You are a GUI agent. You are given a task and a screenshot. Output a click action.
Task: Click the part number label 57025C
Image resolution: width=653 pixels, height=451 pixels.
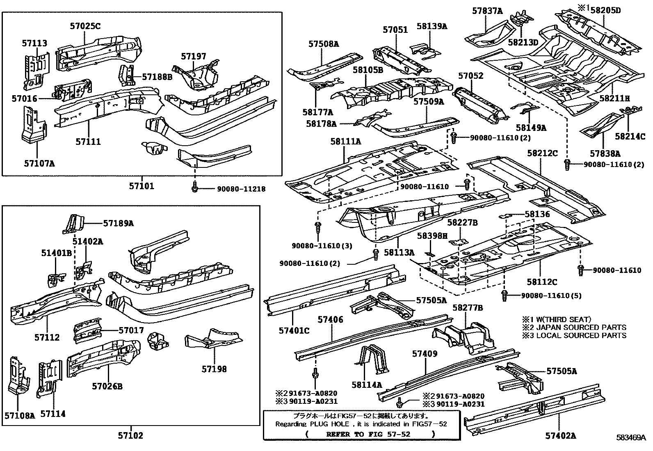(85, 26)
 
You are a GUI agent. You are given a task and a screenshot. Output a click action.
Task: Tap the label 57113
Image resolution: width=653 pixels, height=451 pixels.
(34, 43)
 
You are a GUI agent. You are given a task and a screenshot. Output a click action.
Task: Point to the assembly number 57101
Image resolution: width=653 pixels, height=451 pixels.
(142, 186)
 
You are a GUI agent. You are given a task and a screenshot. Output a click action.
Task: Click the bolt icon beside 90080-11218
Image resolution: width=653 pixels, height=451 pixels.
(195, 188)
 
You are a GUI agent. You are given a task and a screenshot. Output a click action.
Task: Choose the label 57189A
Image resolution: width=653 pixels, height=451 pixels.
(118, 223)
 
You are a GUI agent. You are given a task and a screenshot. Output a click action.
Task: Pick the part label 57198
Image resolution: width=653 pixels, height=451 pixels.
(214, 369)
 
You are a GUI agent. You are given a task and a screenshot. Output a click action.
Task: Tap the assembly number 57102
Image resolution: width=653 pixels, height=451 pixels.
(130, 435)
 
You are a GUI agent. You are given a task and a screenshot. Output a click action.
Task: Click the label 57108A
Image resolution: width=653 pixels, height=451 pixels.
(20, 415)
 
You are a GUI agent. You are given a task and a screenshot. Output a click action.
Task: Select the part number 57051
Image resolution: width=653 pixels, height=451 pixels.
(395, 30)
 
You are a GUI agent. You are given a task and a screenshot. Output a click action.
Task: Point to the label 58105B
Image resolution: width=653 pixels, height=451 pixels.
(368, 70)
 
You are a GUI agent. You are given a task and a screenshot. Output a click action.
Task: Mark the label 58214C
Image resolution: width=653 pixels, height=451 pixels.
(630, 137)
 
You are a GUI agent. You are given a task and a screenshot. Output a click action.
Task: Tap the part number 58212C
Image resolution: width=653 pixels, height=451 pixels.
(543, 153)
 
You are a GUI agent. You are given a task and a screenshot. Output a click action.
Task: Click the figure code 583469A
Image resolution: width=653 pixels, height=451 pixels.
(630, 437)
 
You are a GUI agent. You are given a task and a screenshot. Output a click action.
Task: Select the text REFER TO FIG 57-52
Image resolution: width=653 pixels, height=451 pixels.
(368, 434)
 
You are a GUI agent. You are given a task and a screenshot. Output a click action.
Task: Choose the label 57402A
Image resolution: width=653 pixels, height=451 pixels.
(560, 435)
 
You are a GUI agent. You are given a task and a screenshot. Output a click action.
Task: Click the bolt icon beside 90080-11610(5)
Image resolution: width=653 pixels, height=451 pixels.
(505, 295)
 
